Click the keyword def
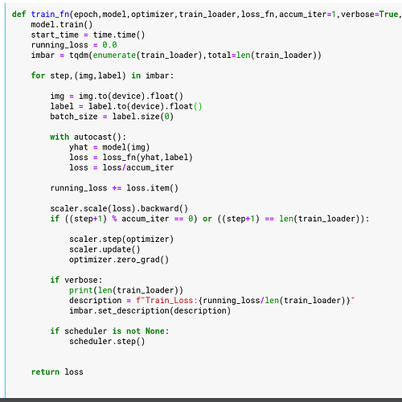point(19,14)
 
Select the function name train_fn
point(50,14)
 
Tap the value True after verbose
point(388,14)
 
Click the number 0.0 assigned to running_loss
point(109,45)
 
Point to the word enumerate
point(114,55)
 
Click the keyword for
point(38,76)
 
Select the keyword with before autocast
point(59,137)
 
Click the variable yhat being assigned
point(79,147)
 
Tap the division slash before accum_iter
point(124,167)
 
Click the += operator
point(117,188)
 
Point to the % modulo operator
point(114,219)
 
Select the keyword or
point(207,219)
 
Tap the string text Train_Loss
point(169,301)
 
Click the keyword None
point(155,331)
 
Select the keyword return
point(45,372)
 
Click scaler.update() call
point(105,249)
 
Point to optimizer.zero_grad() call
point(119,260)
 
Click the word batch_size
point(74,117)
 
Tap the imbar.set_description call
point(150,311)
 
